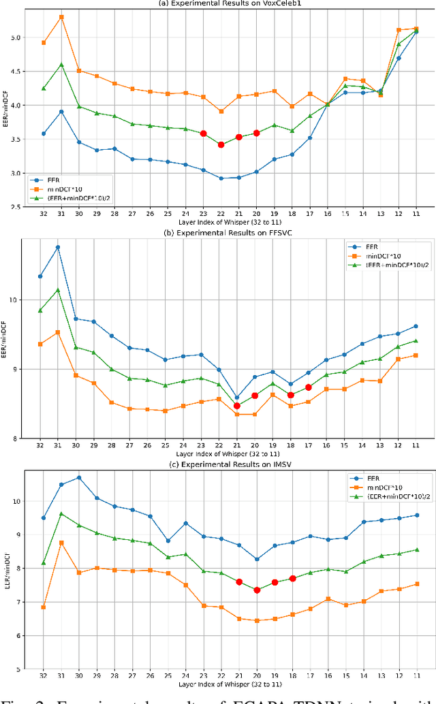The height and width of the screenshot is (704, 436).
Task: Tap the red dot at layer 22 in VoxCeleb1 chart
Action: [x=221, y=144]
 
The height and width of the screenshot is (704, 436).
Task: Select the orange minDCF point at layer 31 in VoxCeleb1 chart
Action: [x=61, y=16]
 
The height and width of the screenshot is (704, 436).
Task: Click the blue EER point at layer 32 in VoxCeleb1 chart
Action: [x=44, y=133]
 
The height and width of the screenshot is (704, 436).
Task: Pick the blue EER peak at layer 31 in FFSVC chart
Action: [x=58, y=247]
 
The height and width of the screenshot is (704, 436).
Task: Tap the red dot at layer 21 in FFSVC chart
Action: [x=237, y=406]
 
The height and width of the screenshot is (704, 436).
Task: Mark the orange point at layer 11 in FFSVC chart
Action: [x=416, y=355]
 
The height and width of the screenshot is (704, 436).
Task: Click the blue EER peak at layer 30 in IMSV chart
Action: [x=79, y=477]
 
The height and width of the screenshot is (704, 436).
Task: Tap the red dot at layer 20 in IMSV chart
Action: [x=257, y=590]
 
